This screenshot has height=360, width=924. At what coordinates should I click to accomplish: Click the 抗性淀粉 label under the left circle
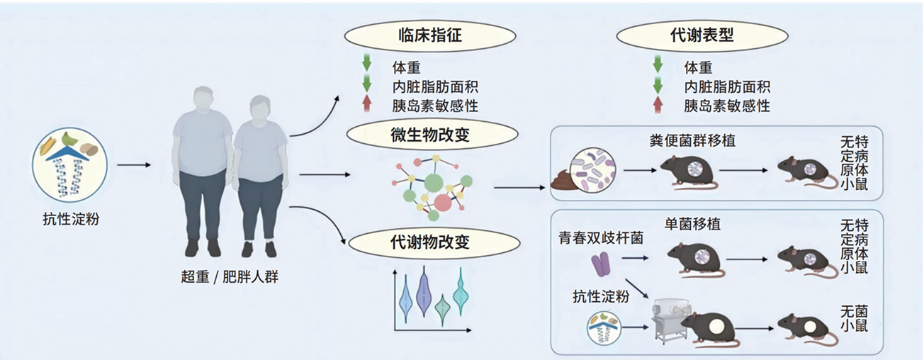[70, 218]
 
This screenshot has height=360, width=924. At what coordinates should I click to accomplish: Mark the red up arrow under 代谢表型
[658, 106]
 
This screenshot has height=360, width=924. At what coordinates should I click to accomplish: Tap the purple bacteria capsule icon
[601, 266]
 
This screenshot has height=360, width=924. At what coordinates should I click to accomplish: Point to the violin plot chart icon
[429, 300]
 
